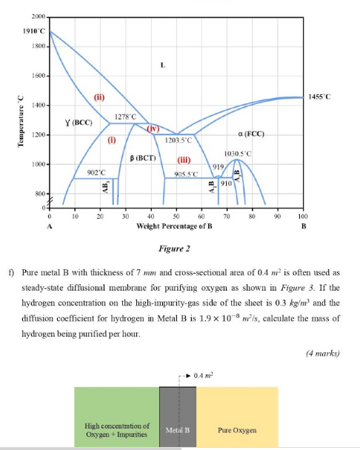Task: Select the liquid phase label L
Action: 161,65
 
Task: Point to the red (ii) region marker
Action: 99,98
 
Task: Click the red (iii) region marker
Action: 184,159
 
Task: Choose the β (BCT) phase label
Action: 142,157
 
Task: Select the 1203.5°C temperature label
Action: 179,139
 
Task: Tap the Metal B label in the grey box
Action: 178,429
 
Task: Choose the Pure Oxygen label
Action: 236,429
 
